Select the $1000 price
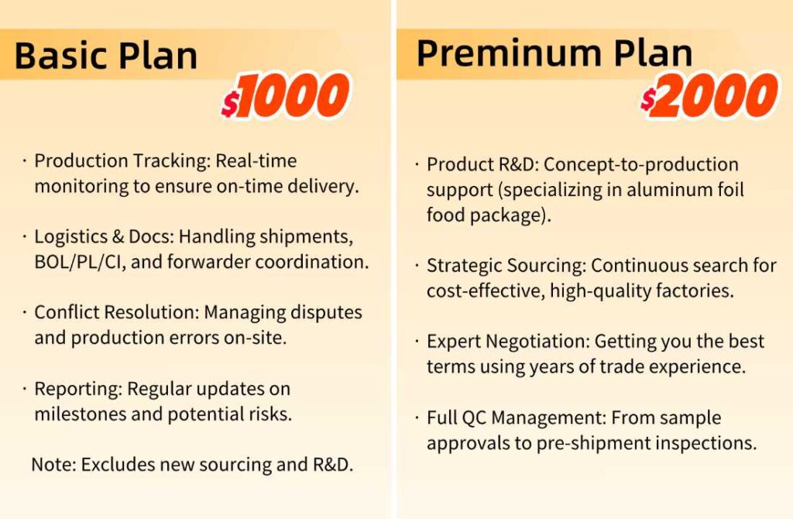point(285,95)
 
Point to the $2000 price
point(709,95)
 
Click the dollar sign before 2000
point(648,98)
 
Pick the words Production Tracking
point(122,161)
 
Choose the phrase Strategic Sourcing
point(506,266)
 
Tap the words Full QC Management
point(516,418)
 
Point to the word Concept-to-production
point(640,165)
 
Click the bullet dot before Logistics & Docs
point(24,236)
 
